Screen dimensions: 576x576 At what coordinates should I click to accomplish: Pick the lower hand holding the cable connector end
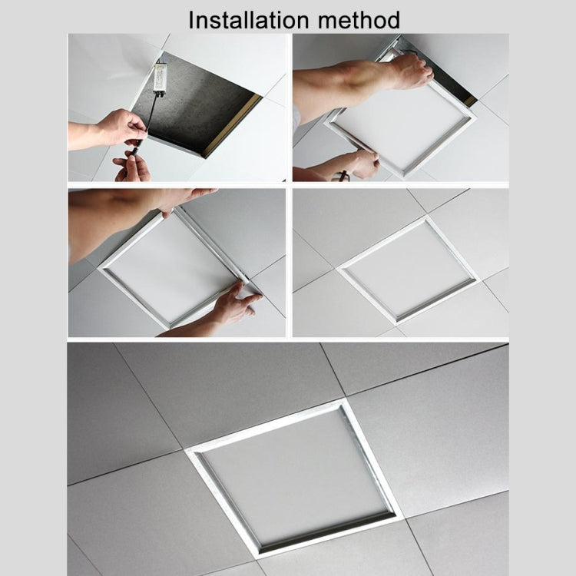click(132, 166)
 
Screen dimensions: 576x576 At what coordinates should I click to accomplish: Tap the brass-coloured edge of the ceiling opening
click(230, 127)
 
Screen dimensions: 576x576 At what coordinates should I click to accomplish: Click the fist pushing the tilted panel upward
click(407, 71)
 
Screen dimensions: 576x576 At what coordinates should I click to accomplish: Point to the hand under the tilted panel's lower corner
click(361, 163)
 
